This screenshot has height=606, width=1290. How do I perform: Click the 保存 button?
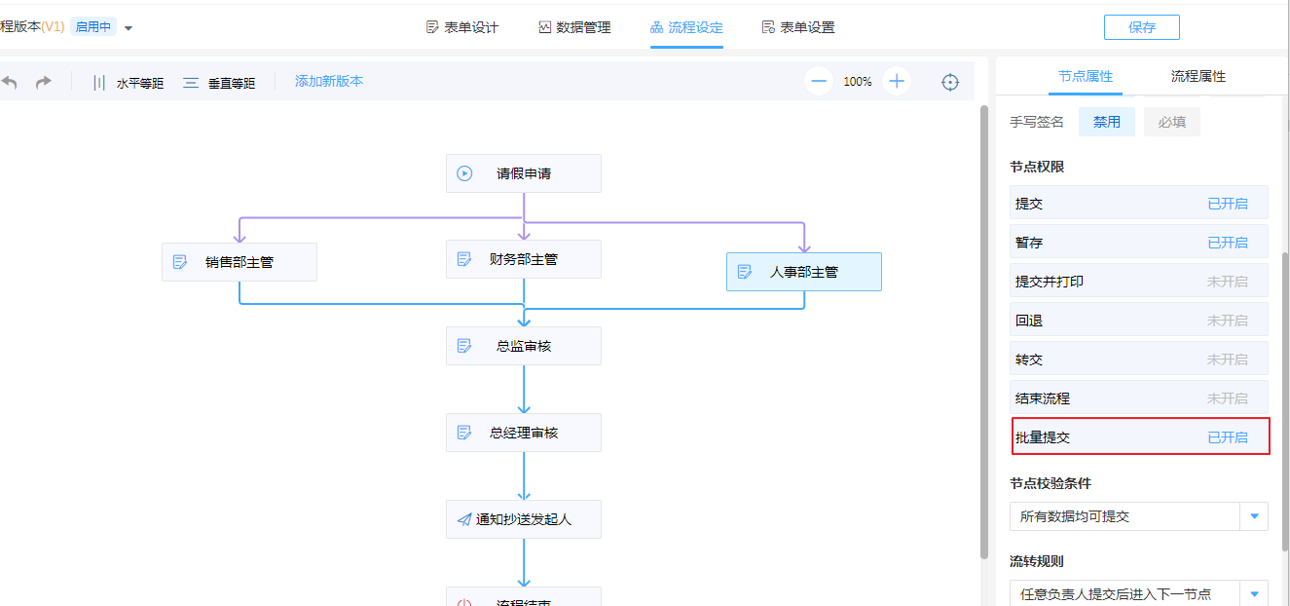[x=1141, y=27]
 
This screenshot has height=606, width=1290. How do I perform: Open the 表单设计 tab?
[x=462, y=27]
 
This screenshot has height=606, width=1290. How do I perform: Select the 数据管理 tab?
[x=574, y=27]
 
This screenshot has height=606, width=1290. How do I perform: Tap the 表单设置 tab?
[x=798, y=27]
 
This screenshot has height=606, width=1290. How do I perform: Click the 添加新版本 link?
[x=329, y=82]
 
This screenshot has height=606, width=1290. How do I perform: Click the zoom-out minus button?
[x=819, y=82]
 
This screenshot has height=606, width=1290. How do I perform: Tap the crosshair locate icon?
[x=950, y=82]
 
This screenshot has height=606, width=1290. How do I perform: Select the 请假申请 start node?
[x=524, y=173]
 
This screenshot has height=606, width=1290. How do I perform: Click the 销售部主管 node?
[x=240, y=262]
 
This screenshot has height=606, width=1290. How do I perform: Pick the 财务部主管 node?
[x=524, y=259]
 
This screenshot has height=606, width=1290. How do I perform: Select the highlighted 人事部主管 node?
[x=804, y=272]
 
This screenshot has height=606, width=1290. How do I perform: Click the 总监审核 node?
[x=524, y=346]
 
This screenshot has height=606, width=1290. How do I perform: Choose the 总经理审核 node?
[x=524, y=433]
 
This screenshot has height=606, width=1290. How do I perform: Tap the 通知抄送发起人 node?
[x=524, y=519]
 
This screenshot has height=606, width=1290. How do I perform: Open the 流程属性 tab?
[x=1198, y=76]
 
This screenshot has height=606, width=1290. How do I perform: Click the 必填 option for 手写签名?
[x=1171, y=122]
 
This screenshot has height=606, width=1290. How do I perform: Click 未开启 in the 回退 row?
[x=1228, y=321]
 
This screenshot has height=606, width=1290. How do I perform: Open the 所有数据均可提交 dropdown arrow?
[x=1254, y=516]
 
